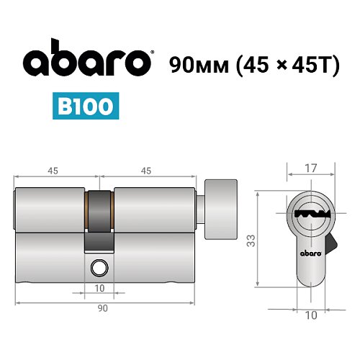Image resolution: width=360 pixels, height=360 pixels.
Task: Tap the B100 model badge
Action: point(86,106)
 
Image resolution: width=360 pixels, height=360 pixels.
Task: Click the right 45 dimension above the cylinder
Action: point(145,171)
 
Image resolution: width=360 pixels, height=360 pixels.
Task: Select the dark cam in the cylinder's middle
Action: point(99,220)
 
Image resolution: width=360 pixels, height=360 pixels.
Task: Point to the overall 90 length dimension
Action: point(102,309)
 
